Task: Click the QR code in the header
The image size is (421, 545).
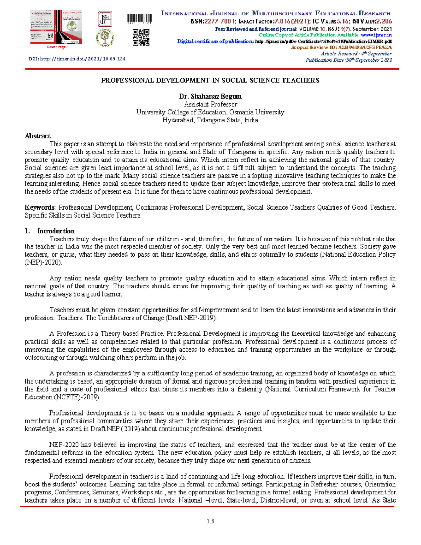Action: pyautogui.click(x=141, y=38)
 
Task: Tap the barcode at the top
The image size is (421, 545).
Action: pyautogui.click(x=139, y=19)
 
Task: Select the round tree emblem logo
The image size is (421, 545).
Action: pyautogui.click(x=105, y=38)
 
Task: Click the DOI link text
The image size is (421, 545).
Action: pyautogui.click(x=77, y=59)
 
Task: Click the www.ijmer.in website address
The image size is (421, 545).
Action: pyautogui.click(x=376, y=35)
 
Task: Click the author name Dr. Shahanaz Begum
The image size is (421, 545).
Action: pyautogui.click(x=210, y=96)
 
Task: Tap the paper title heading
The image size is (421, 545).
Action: pyautogui.click(x=210, y=80)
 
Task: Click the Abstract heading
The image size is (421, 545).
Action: pyautogui.click(x=37, y=136)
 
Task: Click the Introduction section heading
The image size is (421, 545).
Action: pyautogui.click(x=56, y=231)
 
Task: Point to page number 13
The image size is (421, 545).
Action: pyautogui.click(x=210, y=521)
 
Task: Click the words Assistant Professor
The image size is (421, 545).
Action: pyautogui.click(x=210, y=104)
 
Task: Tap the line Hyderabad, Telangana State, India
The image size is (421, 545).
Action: pyautogui.click(x=210, y=120)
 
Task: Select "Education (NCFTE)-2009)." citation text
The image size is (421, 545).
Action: pyautogui.click(x=62, y=397)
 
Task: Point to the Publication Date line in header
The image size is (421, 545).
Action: pyautogui.click(x=348, y=60)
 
